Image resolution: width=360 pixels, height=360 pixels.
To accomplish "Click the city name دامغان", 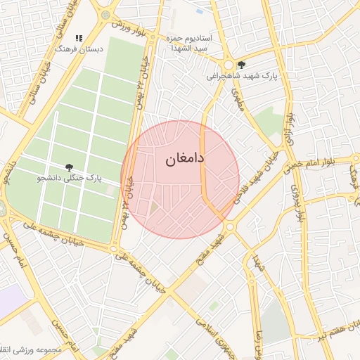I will point(185,159).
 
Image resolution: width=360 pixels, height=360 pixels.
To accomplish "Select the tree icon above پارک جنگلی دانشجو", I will point(69,167).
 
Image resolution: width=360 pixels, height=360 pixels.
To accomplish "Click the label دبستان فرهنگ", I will point(79,49).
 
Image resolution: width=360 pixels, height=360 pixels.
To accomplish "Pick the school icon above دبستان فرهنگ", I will point(79,38).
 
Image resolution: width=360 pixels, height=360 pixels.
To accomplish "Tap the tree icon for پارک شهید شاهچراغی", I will point(242,64).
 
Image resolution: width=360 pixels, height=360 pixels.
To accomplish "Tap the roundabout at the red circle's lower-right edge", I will point(229,226).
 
